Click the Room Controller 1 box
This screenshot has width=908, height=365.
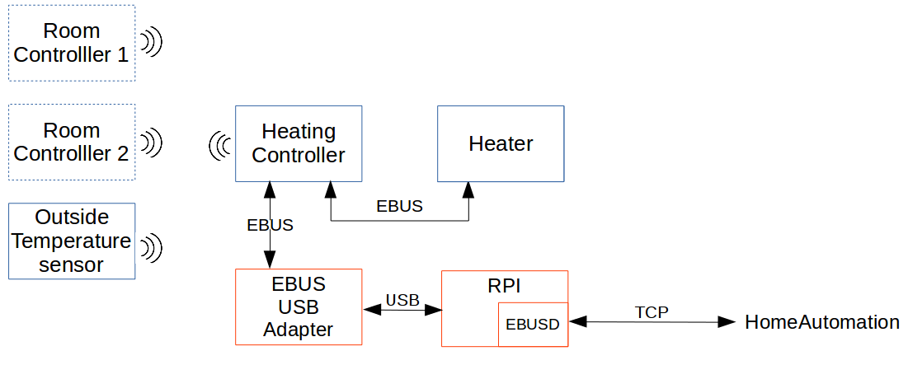click(72, 43)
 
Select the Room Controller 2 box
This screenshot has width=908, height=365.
click(72, 143)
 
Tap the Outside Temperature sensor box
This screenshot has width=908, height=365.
click(72, 241)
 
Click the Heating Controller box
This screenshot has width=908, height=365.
click(299, 143)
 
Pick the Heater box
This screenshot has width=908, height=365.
click(501, 143)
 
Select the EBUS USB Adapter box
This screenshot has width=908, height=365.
click(299, 307)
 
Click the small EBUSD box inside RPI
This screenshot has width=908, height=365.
click(533, 324)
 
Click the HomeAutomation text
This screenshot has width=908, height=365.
click(821, 322)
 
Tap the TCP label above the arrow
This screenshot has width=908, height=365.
click(652, 312)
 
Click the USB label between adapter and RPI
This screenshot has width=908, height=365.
click(402, 300)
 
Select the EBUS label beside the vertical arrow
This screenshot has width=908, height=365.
click(270, 224)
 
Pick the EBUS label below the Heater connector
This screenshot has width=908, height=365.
click(399, 207)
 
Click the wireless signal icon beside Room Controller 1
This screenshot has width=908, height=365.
click(151, 43)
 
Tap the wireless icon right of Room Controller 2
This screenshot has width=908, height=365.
click(151, 143)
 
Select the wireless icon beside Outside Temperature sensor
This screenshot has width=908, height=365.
click(151, 246)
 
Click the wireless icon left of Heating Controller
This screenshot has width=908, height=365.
click(219, 146)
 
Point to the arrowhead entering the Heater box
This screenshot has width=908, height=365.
click(468, 190)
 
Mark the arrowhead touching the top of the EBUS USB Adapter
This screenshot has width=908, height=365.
click(270, 260)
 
